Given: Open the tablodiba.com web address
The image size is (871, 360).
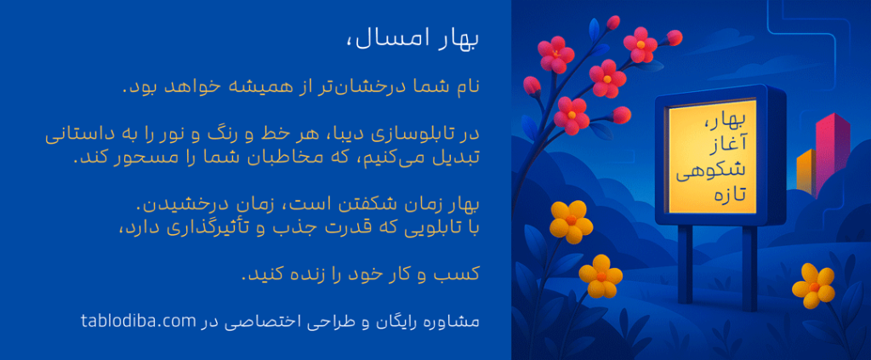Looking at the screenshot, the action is [x=139, y=321].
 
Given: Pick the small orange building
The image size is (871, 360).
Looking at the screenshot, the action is [x=806, y=170].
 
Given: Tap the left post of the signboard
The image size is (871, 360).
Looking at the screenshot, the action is [x=686, y=264].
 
